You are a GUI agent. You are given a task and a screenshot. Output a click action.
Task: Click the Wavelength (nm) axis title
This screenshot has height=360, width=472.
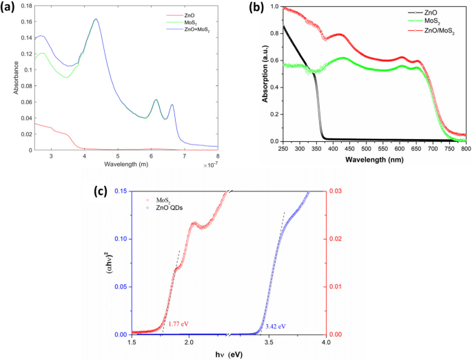coord(363,159)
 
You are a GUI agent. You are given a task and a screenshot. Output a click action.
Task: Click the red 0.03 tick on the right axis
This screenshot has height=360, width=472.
coord(332,191)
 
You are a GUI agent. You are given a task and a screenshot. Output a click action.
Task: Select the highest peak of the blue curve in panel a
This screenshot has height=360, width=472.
coord(96,19)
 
